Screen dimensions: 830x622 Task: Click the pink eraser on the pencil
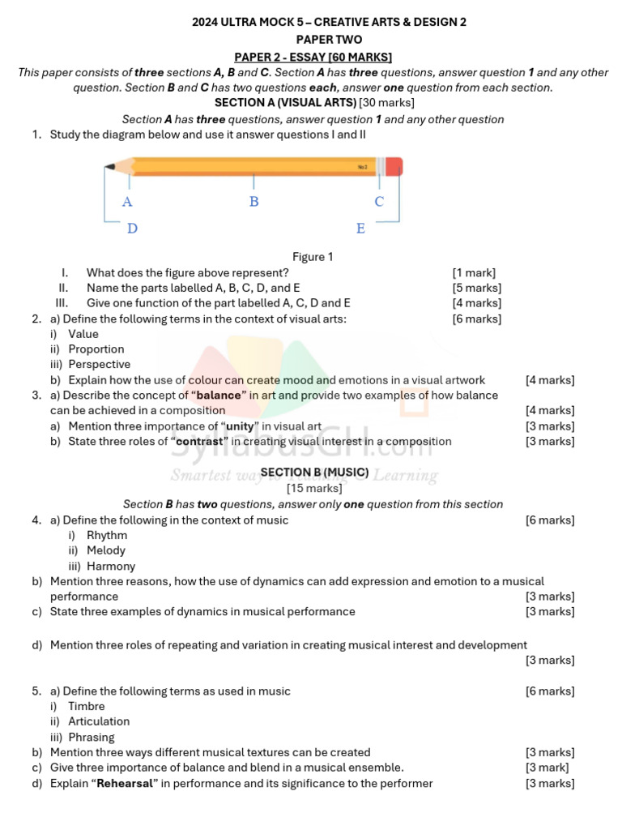click(394, 167)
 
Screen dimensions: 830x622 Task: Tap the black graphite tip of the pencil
click(109, 168)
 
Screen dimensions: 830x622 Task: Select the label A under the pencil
click(127, 202)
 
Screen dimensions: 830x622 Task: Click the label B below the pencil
click(254, 201)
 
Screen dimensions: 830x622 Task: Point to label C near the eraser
click(379, 201)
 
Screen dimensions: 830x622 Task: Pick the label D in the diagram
click(132, 229)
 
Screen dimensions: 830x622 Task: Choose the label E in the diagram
click(361, 229)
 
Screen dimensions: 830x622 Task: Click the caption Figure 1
click(313, 257)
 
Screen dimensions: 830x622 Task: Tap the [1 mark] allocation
click(474, 272)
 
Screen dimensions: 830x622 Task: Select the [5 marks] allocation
click(476, 288)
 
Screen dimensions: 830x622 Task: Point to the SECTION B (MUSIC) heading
click(314, 472)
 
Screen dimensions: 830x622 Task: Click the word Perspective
click(99, 365)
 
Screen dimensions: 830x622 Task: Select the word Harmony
click(111, 567)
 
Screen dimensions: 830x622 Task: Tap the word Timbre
click(87, 706)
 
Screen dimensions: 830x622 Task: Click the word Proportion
click(96, 349)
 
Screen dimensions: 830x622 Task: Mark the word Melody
click(106, 550)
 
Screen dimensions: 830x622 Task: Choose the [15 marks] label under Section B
click(314, 488)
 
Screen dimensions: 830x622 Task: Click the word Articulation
click(99, 721)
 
